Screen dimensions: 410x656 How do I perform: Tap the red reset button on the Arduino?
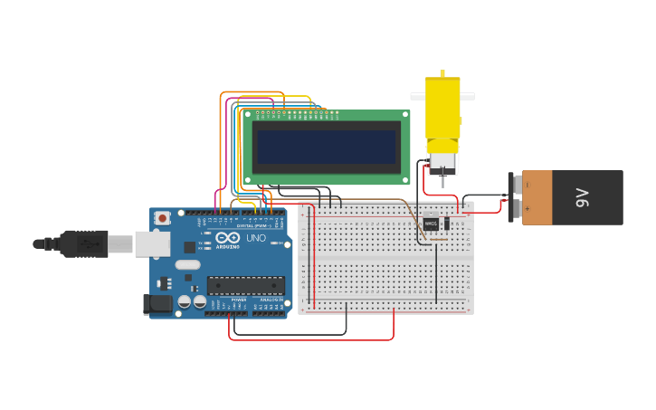(x=163, y=218)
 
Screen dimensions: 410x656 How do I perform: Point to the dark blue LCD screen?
(x=326, y=147)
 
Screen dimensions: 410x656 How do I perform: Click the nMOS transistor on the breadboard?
(x=431, y=223)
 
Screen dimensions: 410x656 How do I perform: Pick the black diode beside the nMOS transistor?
(x=446, y=224)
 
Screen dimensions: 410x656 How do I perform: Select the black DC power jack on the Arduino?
(x=160, y=305)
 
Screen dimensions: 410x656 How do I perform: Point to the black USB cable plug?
(x=86, y=243)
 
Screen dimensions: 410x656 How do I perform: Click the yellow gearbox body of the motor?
(x=442, y=109)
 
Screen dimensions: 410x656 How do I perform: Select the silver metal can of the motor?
(x=442, y=163)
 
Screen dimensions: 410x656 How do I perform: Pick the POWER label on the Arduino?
(x=239, y=300)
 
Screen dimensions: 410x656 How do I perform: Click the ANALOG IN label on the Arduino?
(x=271, y=300)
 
